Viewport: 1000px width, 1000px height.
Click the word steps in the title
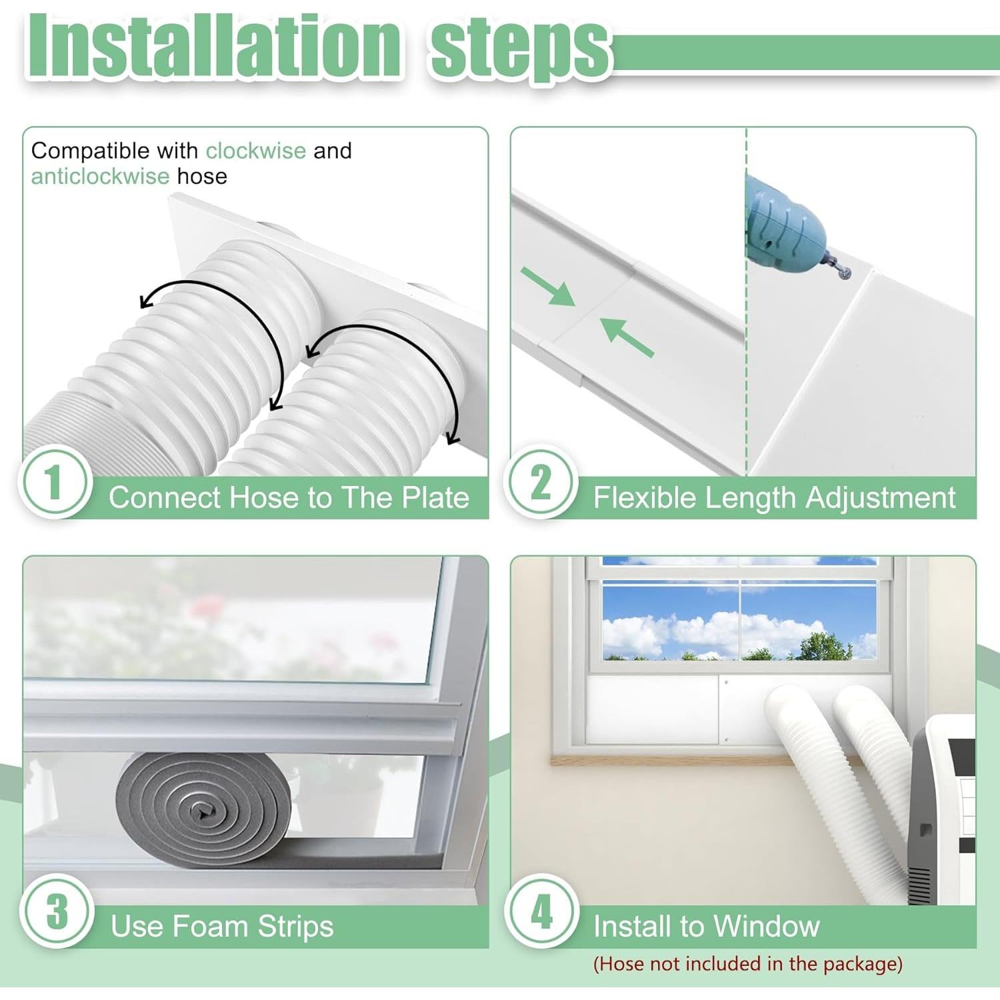(520, 48)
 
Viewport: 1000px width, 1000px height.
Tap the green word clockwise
(255, 151)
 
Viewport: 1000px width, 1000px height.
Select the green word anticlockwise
(100, 176)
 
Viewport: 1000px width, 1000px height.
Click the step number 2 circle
(540, 481)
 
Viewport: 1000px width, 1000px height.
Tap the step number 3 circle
(56, 911)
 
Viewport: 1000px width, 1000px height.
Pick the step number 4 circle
(541, 911)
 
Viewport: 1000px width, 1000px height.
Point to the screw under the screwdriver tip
(845, 272)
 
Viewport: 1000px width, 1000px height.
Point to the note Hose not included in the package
(747, 964)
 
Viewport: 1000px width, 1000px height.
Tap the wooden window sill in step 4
(667, 759)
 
